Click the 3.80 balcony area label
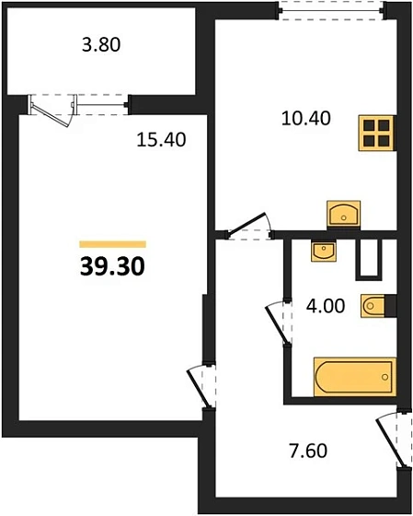coord(101,45)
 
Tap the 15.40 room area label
coord(161,139)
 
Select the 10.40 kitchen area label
coord(306,119)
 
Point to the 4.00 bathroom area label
coord(326,306)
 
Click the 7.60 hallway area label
coord(308,451)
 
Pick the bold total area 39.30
coord(112,266)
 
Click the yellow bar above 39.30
coord(113,244)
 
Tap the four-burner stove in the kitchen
coord(377,133)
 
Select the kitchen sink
coord(344,214)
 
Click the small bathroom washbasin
coord(324,252)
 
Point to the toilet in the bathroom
coord(373,306)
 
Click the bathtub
coord(354,377)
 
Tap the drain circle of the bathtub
coord(385,377)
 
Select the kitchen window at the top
coord(331,11)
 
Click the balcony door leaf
coord(50,114)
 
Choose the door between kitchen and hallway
coord(247,224)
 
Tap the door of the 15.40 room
coord(199,388)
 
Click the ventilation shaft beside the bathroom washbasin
coord(369,260)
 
